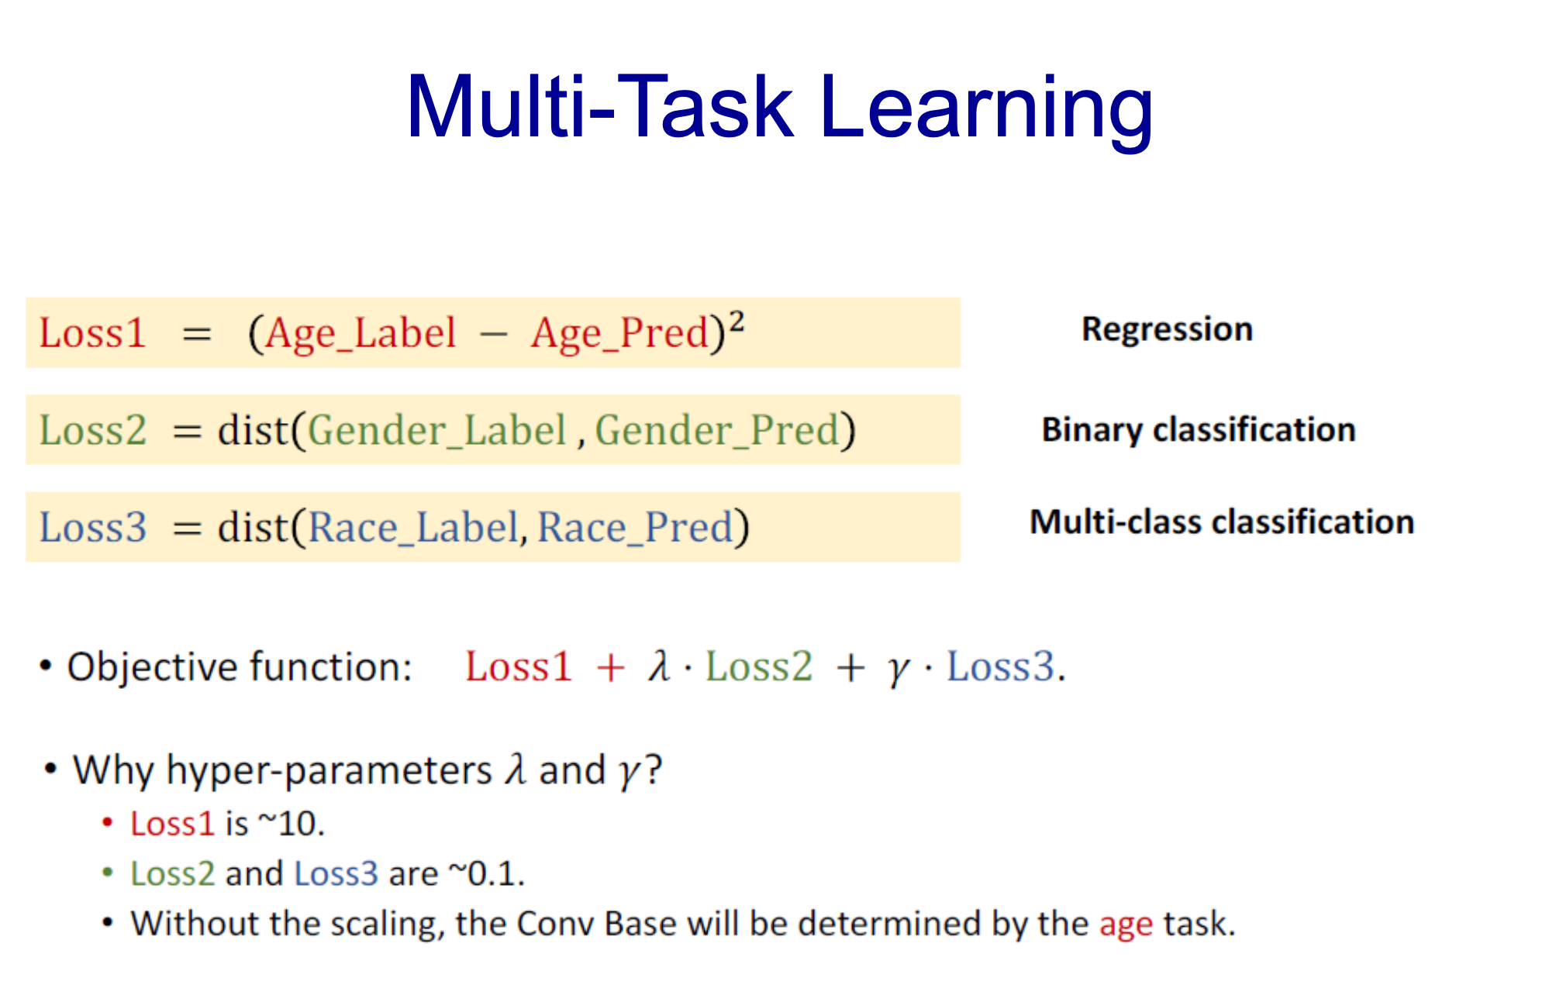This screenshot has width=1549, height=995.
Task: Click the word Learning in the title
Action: pos(986,108)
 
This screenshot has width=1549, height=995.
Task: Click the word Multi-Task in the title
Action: pos(600,106)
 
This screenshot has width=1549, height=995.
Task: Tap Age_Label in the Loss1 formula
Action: pos(361,334)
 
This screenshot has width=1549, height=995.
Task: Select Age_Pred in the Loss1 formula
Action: pos(620,334)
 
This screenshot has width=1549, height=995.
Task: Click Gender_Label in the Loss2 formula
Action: pos(437,431)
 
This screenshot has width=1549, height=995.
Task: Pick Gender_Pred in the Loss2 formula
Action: pos(718,431)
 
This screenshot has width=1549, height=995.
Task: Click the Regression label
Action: pos(1167,329)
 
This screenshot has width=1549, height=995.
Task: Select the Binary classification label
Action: pos(1199,430)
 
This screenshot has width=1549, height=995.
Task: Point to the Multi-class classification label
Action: pos(1222,522)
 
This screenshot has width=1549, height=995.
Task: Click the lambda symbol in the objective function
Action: pos(660,666)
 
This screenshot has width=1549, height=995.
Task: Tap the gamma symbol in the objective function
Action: pos(898,670)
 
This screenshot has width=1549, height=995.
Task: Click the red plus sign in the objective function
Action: pos(610,668)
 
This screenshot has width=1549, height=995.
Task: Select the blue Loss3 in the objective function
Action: pos(1001,666)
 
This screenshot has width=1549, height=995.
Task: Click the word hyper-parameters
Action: pos(329,772)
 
